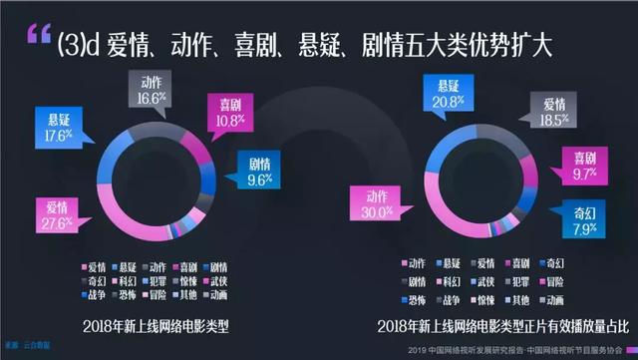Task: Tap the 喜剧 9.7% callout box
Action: [577, 165]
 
